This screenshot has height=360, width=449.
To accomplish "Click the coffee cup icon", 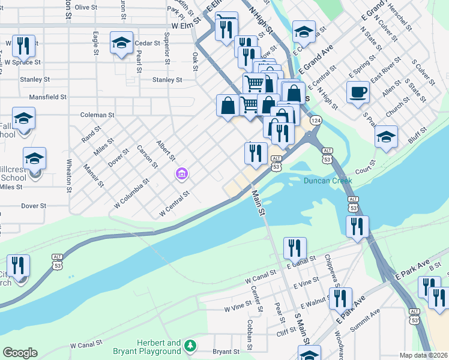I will (358, 92).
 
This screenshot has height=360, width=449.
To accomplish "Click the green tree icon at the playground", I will (190, 346).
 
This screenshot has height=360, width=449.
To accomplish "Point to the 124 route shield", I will (315, 121).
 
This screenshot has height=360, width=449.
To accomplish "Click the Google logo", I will (20, 353).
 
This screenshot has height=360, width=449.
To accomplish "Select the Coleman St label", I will (97, 115).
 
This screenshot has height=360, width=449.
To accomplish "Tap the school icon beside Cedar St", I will (121, 43).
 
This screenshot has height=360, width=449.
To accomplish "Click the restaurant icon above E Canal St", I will (295, 247).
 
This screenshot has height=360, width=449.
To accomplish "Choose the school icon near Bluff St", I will (386, 136).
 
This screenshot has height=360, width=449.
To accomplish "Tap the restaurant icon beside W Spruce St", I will (23, 45).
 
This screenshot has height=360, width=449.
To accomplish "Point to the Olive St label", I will (86, 7).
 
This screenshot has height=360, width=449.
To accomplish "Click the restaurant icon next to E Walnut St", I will (340, 298).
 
